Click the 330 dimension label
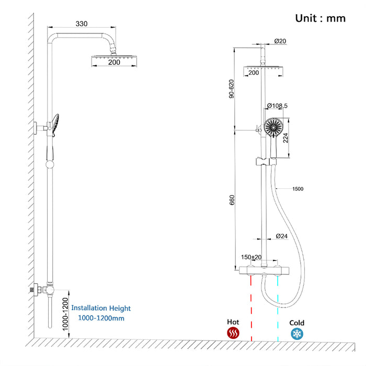point(81,24)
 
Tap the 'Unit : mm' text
point(321,18)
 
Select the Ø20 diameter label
point(280,41)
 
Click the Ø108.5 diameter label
point(277,106)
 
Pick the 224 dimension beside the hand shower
point(286,138)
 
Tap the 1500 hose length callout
point(298,188)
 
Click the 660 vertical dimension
point(232,200)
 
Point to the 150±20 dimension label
point(251,257)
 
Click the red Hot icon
point(233,333)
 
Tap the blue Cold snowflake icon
point(297,333)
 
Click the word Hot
point(233,323)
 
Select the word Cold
point(297,323)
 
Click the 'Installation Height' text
point(101,308)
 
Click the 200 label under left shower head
point(114,63)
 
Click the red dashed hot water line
point(251,308)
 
